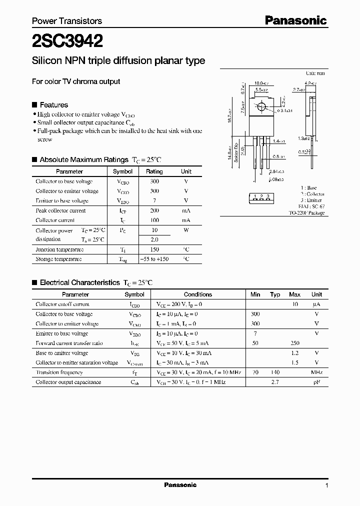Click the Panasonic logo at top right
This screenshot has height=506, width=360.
pos(295,20)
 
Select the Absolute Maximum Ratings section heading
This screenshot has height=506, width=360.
pos(83,159)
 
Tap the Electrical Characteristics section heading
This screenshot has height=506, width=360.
pos(79,282)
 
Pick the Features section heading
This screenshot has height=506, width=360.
pos(53,105)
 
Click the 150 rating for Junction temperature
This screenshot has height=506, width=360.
pos(154,249)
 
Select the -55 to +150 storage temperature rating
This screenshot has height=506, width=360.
pos(154,259)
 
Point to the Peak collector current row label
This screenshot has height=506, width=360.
pos(60,210)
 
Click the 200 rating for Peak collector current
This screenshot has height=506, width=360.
pos(154,210)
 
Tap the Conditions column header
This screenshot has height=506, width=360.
pos(198,294)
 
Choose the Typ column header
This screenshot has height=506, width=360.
pos(275,294)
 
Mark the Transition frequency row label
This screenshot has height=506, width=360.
pos(59,372)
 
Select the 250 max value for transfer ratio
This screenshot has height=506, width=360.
pos(295,343)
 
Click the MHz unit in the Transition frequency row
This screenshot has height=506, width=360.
pos(316,372)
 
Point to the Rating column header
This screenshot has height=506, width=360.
pos(154,171)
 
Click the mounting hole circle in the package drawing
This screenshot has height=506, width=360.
pos(260,107)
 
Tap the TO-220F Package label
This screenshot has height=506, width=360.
pos(306,212)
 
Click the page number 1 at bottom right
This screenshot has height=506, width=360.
pos(326,485)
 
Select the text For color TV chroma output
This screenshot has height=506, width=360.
pos(76,81)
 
